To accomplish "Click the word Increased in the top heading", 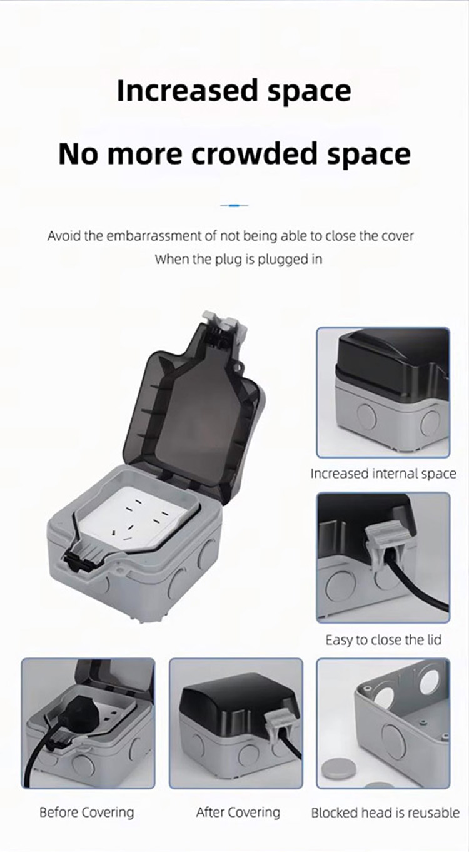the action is pos(187,91).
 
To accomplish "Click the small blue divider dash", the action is pos(234,205).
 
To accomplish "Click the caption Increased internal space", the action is pos(383,474).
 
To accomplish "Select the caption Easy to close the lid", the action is pos(383,640).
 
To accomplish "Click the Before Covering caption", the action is pos(87,812).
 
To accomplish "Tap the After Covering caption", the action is pos(238,812).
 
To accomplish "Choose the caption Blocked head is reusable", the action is pos(385,813).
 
